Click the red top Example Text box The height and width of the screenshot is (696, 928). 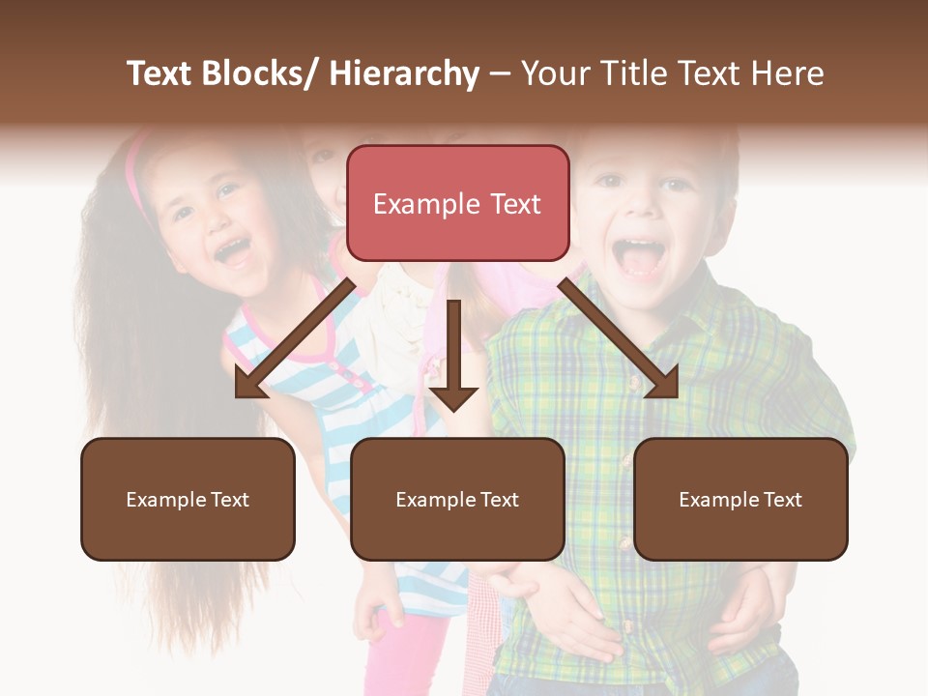[457, 203]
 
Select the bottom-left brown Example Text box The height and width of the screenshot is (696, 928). [188, 499]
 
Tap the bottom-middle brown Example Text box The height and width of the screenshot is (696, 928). [457, 499]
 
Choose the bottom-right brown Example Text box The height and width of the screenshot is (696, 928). [740, 499]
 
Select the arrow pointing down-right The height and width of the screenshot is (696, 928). [620, 339]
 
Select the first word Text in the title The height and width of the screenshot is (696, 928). [161, 73]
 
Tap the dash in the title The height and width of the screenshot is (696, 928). [500, 73]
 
